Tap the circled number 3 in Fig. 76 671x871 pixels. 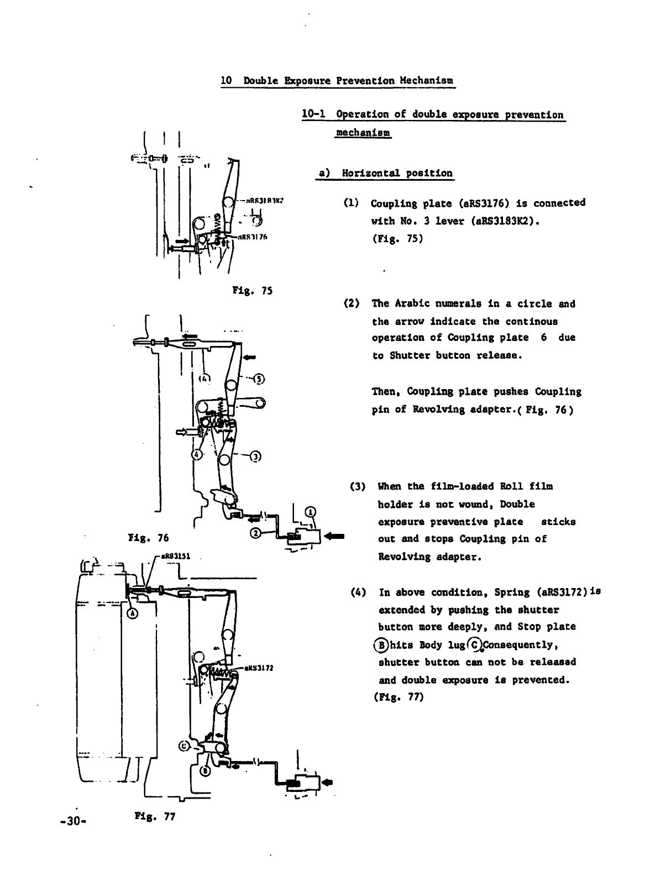[255, 457]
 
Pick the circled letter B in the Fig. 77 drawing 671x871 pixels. [204, 772]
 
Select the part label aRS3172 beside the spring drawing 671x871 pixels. [260, 668]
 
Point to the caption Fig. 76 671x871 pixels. [148, 537]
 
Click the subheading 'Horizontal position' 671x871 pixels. [397, 173]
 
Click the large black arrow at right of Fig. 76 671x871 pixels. [335, 536]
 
